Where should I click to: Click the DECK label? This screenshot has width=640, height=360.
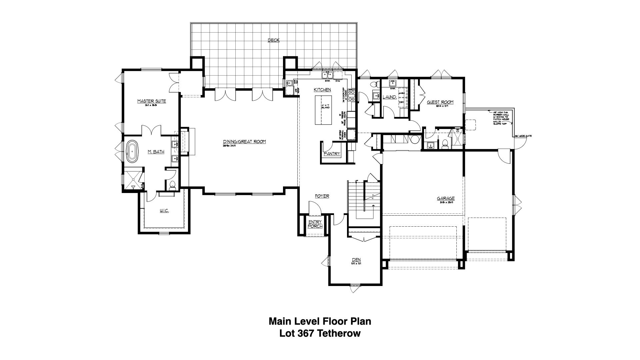pos(274,40)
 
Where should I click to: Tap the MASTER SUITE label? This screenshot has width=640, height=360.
pos(152,101)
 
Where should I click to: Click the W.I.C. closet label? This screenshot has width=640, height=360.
pos(164,211)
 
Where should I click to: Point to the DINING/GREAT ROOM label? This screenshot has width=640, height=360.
pos(244,142)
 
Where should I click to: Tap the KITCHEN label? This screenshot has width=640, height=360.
pos(322,90)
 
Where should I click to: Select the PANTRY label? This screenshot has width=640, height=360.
pos(332,154)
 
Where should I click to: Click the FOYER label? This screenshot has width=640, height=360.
pos(322,196)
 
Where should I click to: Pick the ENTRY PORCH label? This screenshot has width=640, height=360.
pos(315,224)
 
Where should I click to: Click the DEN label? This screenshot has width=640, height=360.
pos(356,260)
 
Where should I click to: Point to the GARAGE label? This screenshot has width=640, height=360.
pos(446,199)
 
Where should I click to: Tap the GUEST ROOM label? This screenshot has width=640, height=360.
pos(440,102)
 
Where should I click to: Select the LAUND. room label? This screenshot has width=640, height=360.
pos(389,97)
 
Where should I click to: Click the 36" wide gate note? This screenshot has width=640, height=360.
pos(523,136)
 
